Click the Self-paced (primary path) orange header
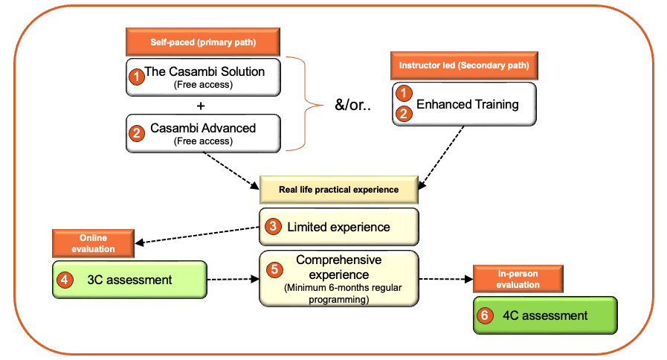[203, 42]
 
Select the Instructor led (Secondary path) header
[464, 65]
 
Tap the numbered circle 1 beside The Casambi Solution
[137, 77]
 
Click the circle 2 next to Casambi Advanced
[137, 133]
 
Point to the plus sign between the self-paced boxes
[201, 106]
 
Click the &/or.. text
[352, 105]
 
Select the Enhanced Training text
[468, 104]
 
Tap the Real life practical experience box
[339, 190]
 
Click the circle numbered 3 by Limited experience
[273, 226]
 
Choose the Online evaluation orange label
[93, 243]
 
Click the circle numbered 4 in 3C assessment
[65, 280]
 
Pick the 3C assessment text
[129, 280]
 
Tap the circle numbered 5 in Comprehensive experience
[274, 269]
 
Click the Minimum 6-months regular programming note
[343, 294]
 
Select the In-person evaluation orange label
[518, 279]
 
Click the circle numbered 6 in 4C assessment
[485, 316]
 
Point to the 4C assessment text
[545, 316]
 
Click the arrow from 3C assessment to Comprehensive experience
[233, 279]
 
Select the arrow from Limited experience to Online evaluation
[197, 235]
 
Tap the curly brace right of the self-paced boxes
[305, 104]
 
